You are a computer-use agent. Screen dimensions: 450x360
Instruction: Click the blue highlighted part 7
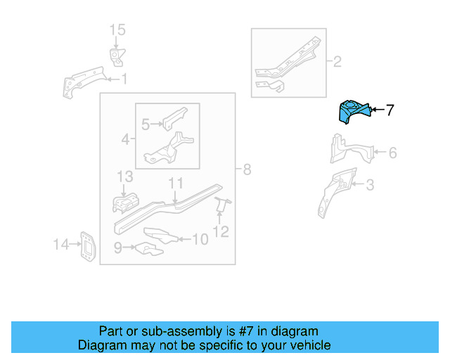[x=354, y=112]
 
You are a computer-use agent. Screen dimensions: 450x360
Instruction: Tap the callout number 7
[x=390, y=110]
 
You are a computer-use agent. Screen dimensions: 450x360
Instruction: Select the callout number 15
[x=117, y=30]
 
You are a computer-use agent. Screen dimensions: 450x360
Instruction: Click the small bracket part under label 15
[x=117, y=57]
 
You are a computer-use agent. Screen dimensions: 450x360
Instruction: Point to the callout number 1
[x=124, y=79]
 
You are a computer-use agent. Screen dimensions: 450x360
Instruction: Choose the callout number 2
[x=337, y=61]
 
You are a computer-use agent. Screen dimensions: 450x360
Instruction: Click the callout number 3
[x=371, y=185]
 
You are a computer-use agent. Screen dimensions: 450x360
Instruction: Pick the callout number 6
[x=393, y=153]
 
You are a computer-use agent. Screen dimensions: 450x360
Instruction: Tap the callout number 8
[x=247, y=169]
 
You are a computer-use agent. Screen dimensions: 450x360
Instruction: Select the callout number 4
[x=125, y=139]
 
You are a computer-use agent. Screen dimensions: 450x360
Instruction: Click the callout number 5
[x=146, y=124]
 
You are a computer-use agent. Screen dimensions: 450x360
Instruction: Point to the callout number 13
[x=125, y=176]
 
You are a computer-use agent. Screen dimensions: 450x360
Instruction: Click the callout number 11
[x=176, y=183]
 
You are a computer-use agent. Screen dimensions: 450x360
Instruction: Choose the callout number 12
[x=221, y=231]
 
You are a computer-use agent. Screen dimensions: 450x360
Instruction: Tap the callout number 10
[x=200, y=239]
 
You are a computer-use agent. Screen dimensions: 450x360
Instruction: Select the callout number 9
[x=118, y=247]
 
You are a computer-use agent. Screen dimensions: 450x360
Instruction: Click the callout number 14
[x=61, y=244]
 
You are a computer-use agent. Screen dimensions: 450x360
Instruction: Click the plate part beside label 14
[x=87, y=247]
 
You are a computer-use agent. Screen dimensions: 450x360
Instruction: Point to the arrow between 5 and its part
[x=157, y=124]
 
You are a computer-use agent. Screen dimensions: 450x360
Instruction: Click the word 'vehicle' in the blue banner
[x=312, y=345]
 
